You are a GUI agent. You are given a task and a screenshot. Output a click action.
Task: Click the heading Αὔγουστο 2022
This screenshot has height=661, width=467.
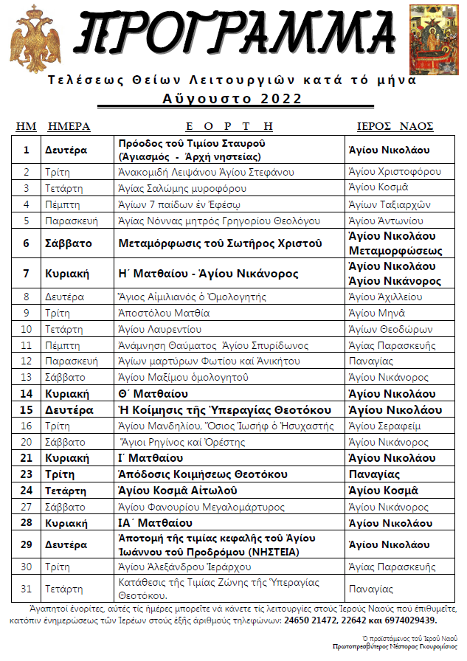point(232,99)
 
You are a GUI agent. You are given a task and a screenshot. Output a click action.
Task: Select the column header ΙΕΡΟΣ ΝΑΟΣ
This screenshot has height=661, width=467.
point(395,126)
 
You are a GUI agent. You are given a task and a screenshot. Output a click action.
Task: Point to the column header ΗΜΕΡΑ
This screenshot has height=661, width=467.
point(69,126)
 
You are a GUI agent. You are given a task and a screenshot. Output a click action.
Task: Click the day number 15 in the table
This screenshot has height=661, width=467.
point(27,409)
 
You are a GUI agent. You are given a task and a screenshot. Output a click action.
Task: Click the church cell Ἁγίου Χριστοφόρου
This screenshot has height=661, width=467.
point(395,172)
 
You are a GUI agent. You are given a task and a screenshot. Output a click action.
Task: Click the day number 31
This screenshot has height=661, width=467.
point(27,589)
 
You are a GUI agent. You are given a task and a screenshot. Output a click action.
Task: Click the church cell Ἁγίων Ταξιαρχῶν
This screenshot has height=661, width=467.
point(389,204)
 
